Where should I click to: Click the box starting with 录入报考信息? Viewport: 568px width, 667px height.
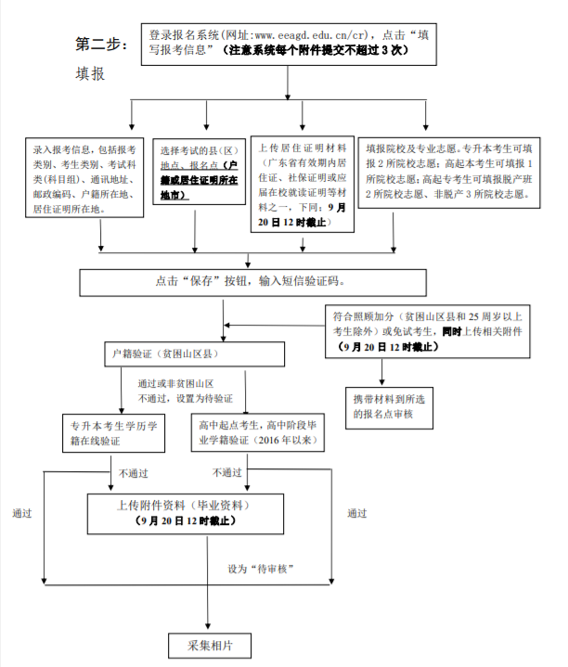click(84, 178)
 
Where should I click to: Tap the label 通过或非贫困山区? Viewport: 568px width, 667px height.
click(175, 382)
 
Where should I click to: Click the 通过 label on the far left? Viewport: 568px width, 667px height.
click(22, 513)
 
